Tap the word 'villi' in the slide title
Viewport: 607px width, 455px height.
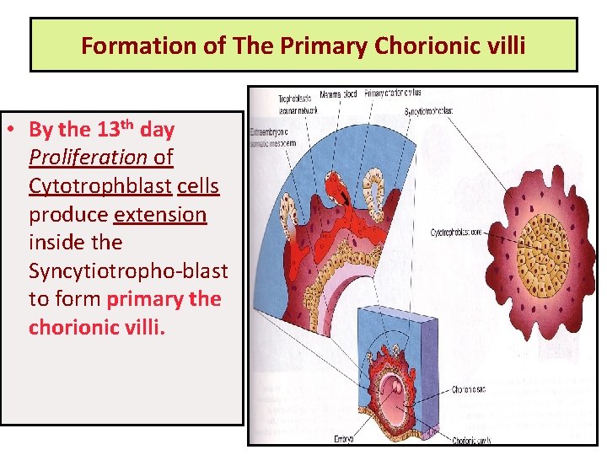(x=503, y=45)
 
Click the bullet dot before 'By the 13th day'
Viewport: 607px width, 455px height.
(x=15, y=131)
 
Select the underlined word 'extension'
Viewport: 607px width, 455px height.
(x=160, y=214)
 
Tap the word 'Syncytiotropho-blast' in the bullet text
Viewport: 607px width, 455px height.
(x=128, y=270)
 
